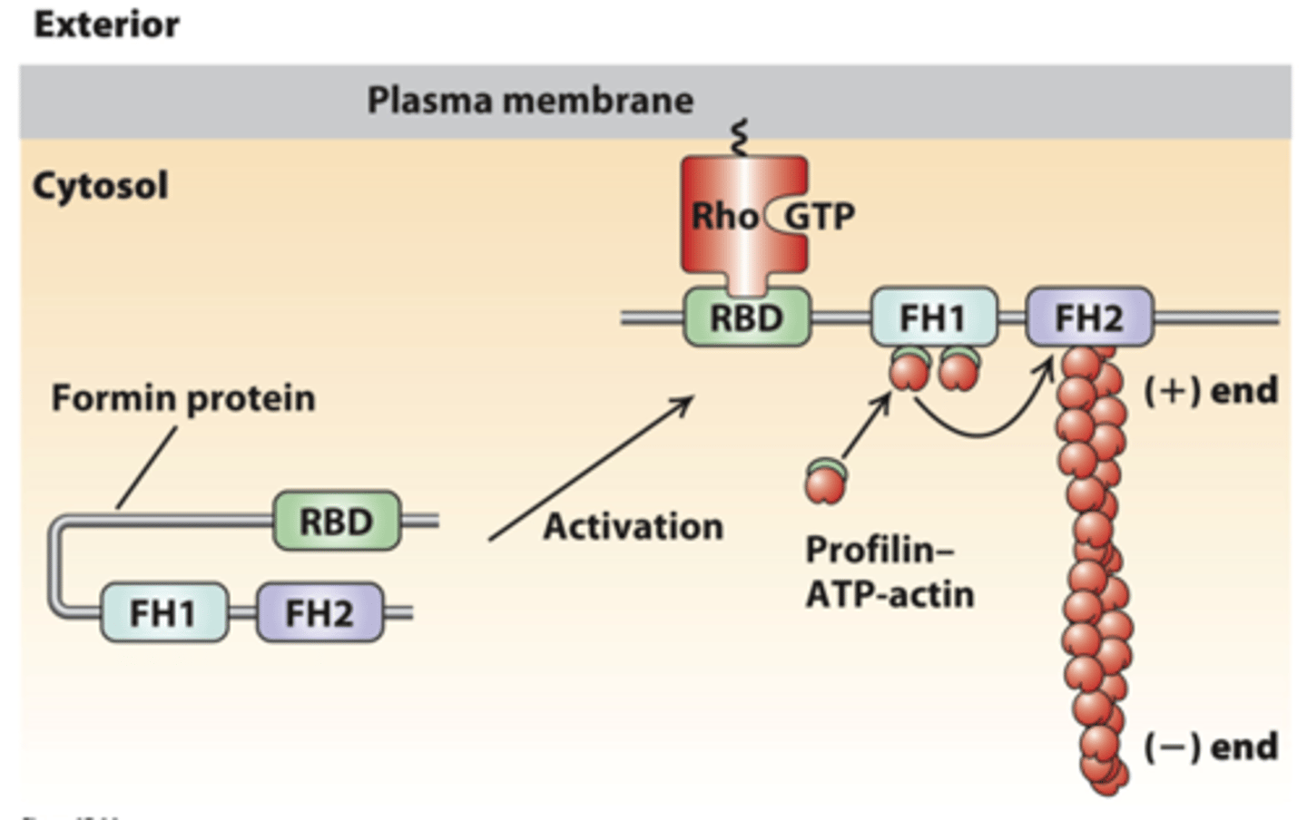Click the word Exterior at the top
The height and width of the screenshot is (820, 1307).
click(x=106, y=24)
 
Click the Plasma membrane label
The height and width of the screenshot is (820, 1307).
click(x=530, y=100)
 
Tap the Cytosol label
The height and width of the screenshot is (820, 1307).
click(x=100, y=186)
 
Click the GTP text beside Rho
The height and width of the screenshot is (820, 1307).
click(x=819, y=217)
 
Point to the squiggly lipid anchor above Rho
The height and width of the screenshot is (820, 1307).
click(x=741, y=138)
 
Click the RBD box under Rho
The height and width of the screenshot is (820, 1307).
click(x=746, y=318)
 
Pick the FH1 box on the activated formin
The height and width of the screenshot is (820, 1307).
click(x=933, y=318)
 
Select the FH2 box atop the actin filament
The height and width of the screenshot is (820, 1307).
click(x=1089, y=318)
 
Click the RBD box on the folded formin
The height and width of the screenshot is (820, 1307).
click(x=336, y=522)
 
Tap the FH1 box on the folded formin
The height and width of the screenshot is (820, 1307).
click(x=163, y=613)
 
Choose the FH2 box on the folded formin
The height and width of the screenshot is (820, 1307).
click(x=319, y=613)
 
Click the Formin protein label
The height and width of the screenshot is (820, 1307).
click(x=183, y=398)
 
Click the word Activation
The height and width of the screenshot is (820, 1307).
click(x=633, y=526)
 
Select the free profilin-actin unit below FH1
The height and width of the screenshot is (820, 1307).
click(x=825, y=482)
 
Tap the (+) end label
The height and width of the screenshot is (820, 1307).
click(x=1210, y=391)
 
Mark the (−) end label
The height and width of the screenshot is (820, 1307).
click(x=1210, y=747)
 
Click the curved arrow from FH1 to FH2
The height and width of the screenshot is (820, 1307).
click(x=980, y=427)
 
